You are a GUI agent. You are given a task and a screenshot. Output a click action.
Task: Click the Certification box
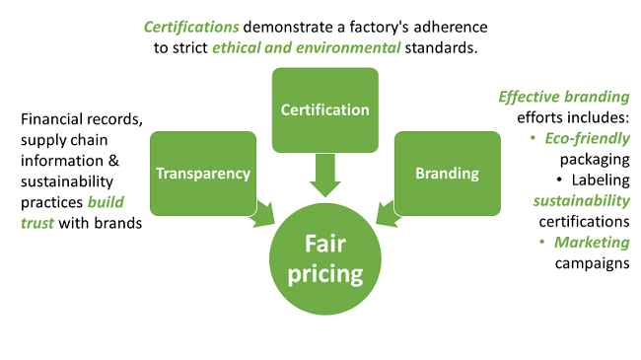click(x=324, y=109)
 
